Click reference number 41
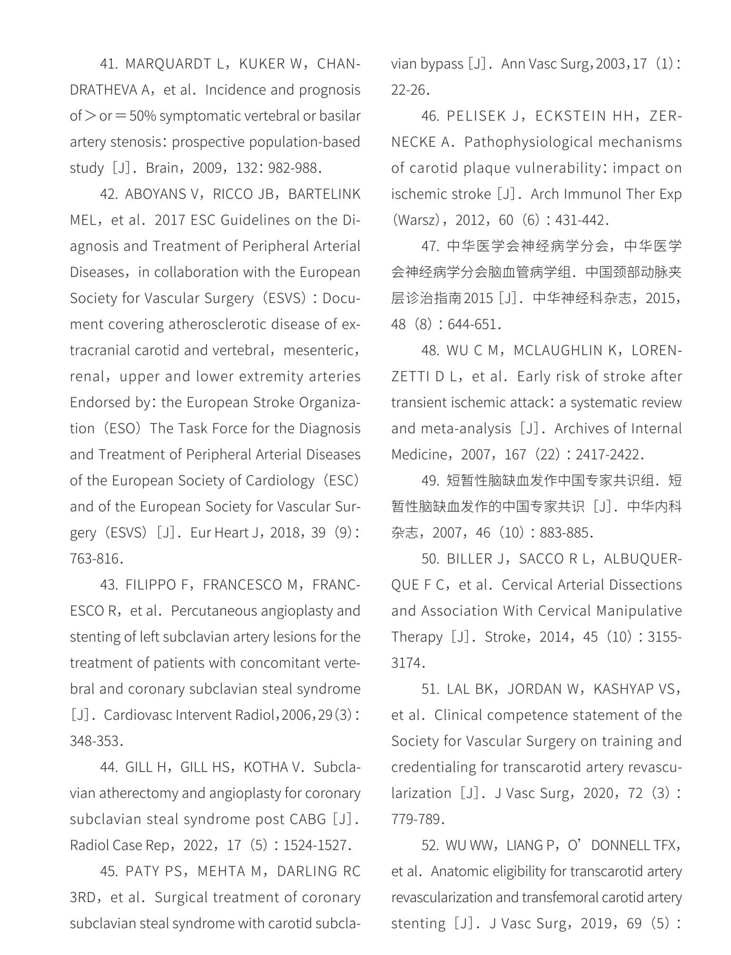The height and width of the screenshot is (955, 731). point(108,64)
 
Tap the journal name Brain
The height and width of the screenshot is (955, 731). point(162,168)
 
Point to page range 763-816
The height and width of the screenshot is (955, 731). point(95,558)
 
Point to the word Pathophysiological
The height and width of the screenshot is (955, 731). point(527,142)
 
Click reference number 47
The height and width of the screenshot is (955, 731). point(429,246)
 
